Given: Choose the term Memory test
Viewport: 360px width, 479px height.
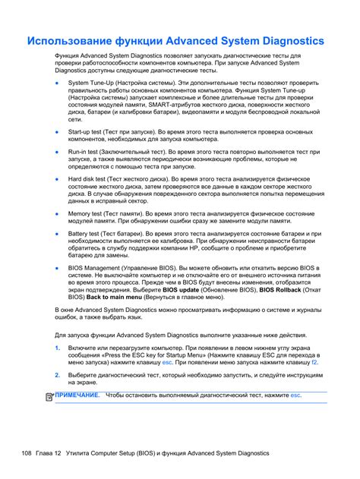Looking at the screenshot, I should (88, 214).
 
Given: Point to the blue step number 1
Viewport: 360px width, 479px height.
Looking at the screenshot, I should (57, 347).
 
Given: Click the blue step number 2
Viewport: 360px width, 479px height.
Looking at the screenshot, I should (57, 375).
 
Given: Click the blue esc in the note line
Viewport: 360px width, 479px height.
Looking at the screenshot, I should (296, 395).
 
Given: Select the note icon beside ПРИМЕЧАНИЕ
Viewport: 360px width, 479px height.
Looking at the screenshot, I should (49, 396).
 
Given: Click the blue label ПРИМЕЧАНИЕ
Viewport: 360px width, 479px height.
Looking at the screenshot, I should (77, 395).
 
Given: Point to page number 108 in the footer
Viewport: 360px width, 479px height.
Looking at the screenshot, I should (27, 453).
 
